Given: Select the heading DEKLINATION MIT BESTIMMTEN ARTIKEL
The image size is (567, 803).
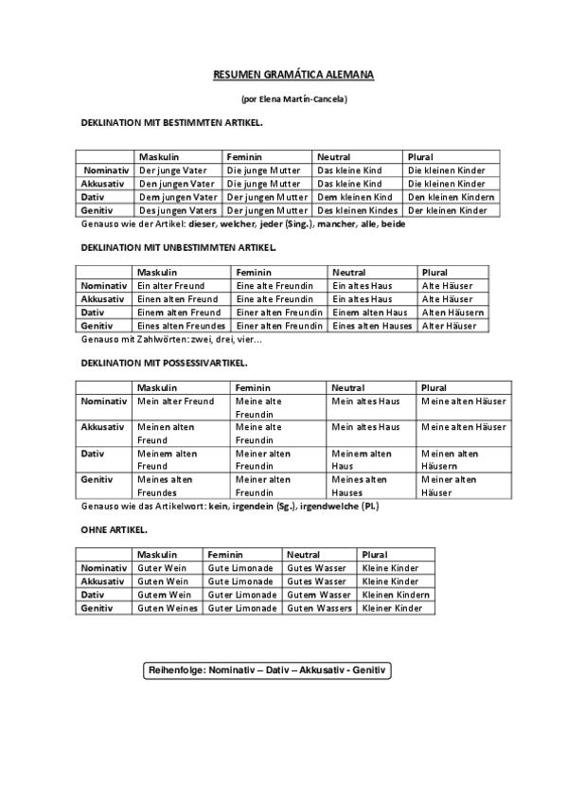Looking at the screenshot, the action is [172, 123].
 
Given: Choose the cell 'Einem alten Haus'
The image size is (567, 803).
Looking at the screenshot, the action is [370, 312].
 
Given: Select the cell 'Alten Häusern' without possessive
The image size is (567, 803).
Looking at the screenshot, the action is [453, 312].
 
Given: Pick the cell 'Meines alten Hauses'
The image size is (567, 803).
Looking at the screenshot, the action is [359, 486].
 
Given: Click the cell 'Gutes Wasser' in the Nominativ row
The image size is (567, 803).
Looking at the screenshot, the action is [318, 568].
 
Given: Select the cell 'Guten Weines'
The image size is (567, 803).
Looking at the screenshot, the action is [167, 608].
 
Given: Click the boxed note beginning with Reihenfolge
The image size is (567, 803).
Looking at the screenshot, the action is [267, 670].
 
